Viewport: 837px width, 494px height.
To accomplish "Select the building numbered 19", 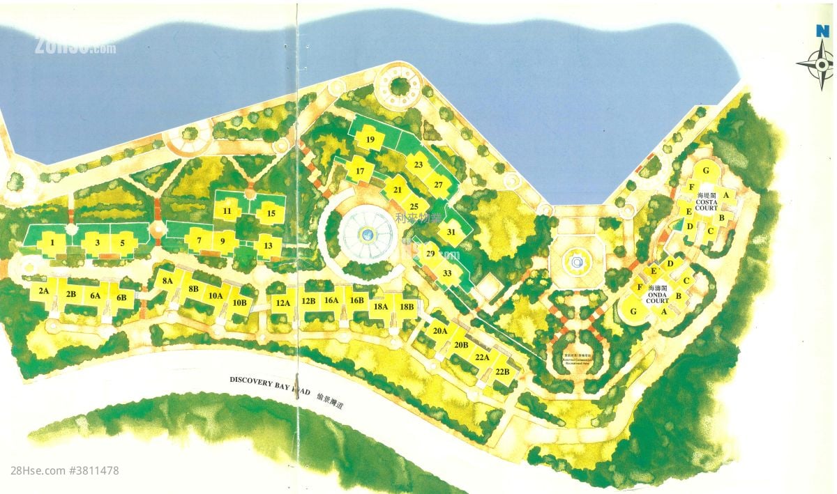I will tap(370, 140).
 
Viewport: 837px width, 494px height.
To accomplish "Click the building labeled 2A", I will tap(43, 291).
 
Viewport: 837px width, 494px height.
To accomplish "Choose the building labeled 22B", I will tap(503, 372).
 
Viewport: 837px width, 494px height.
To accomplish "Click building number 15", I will tap(271, 213).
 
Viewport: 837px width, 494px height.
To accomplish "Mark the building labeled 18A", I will tap(381, 307).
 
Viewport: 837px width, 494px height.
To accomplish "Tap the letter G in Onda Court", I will tap(633, 312).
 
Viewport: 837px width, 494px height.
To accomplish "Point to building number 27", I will tap(437, 185).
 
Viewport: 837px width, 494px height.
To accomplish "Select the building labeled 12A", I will tap(282, 303).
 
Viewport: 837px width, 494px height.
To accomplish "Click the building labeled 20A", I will tap(439, 331).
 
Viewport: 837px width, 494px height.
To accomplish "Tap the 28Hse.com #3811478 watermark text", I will tap(65, 471).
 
